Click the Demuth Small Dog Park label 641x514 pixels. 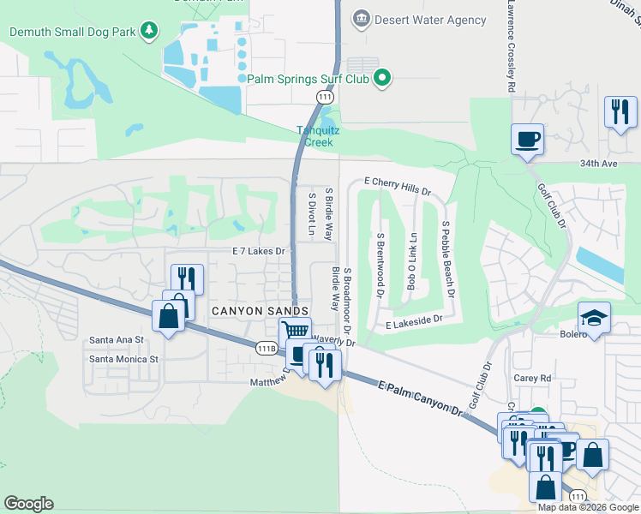pyautogui.click(x=74, y=32)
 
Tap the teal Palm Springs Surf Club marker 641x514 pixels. pyautogui.click(x=383, y=79)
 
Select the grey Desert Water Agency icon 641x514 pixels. pyautogui.click(x=361, y=18)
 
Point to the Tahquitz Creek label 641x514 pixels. pyautogui.click(x=314, y=136)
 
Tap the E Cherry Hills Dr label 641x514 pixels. pyautogui.click(x=397, y=182)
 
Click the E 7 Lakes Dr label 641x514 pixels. pyautogui.click(x=258, y=251)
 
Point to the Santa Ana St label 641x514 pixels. pyautogui.click(x=117, y=340)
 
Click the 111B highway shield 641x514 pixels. pyautogui.click(x=267, y=348)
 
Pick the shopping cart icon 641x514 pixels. pyautogui.click(x=295, y=331)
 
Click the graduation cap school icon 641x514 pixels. pyautogui.click(x=594, y=316)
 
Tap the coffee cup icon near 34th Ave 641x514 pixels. pyautogui.click(x=527, y=138)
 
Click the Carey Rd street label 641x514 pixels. pyautogui.click(x=532, y=377)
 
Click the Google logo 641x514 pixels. pyautogui.click(x=28, y=504)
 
